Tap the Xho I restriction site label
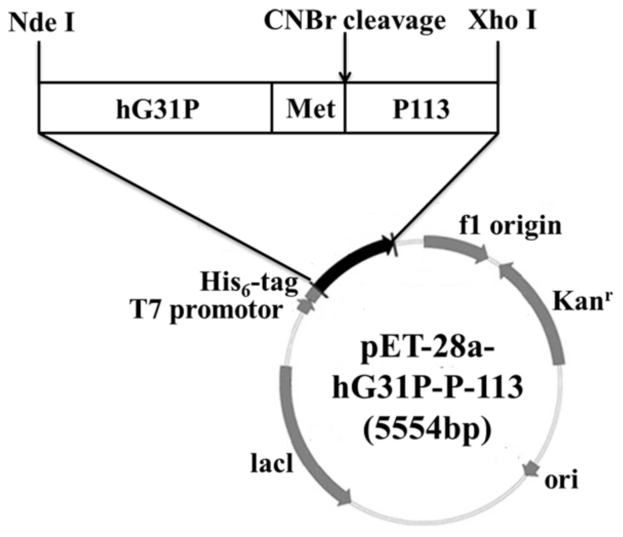click(x=501, y=21)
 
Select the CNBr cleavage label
click(x=355, y=21)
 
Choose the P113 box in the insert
click(x=421, y=109)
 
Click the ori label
click(x=562, y=480)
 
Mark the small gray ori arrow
click(x=530, y=468)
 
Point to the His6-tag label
click(x=249, y=283)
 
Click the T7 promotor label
click(x=207, y=310)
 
